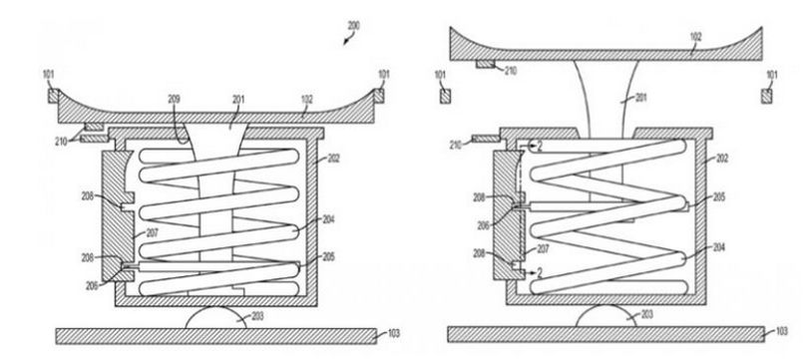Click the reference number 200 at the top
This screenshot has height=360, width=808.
(353, 25)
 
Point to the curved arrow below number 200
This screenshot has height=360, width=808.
(348, 39)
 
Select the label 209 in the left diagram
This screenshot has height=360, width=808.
(174, 99)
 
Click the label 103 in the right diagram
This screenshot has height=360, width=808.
(781, 331)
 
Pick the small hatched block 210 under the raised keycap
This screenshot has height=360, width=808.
(485, 65)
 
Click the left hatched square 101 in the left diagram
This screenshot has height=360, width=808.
(54, 96)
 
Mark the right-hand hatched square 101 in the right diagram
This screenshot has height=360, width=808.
(766, 97)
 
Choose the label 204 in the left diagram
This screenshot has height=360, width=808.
(328, 219)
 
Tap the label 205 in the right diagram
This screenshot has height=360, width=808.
(719, 196)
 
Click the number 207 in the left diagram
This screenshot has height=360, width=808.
(152, 233)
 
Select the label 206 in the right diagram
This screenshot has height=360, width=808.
(484, 225)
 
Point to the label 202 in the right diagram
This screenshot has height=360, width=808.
(722, 159)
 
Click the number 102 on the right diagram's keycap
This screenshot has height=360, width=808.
(695, 38)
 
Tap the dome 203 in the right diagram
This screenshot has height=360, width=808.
(606, 316)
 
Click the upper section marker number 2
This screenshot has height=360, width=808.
(540, 147)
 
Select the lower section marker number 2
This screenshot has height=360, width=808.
(539, 273)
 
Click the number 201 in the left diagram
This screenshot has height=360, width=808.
(238, 99)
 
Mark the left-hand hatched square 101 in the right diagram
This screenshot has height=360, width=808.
(445, 97)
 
